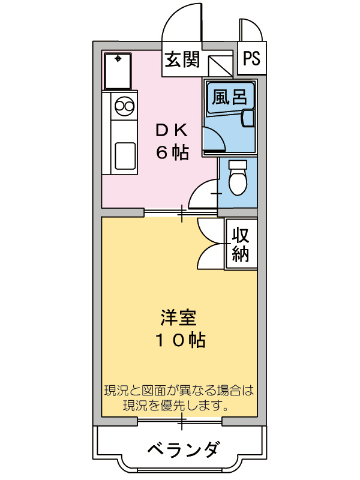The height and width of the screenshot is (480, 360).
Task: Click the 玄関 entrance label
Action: click(x=182, y=60)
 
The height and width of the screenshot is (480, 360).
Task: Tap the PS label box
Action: click(x=252, y=59)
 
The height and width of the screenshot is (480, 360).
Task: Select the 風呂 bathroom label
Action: click(x=230, y=97)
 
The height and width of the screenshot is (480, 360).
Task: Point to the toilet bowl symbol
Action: click(x=238, y=178)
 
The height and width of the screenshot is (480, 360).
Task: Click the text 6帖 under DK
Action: click(x=173, y=152)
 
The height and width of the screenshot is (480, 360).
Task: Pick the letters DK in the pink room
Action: click(x=173, y=129)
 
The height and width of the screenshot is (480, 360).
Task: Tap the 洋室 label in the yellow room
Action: click(x=179, y=316)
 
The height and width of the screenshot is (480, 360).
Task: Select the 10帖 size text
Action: click(x=180, y=340)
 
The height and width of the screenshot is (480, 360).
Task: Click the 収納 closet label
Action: click(x=241, y=244)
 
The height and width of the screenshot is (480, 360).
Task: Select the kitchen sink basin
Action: click(x=124, y=154)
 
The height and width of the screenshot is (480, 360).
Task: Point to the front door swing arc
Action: click(x=180, y=24)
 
